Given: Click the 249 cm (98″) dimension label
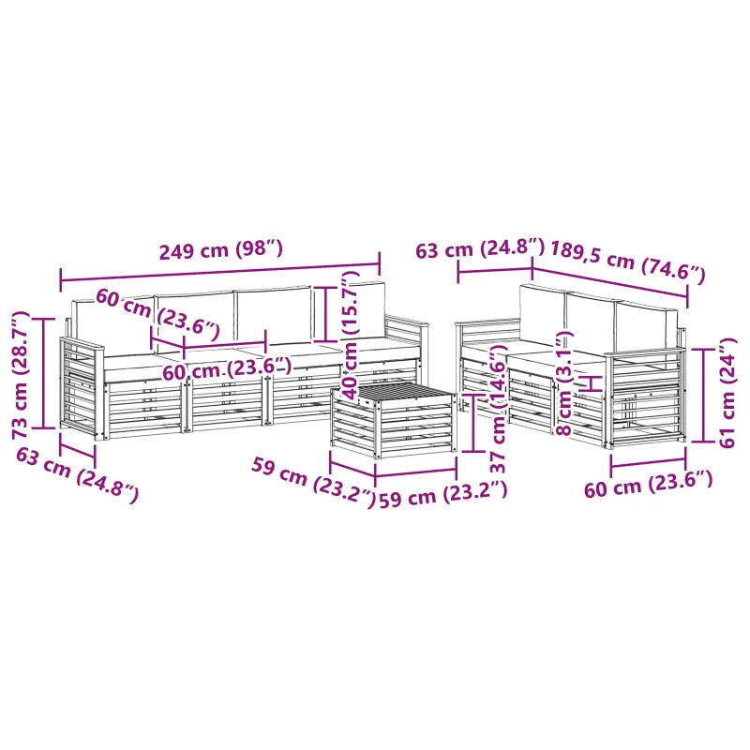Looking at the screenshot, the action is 221,250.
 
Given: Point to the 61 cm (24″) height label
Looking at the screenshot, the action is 727,392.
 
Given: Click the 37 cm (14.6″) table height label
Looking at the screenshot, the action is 498,408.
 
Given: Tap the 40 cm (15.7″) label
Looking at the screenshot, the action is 351,335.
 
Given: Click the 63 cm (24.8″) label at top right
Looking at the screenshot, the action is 480,248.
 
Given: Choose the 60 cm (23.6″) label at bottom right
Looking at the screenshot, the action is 649,484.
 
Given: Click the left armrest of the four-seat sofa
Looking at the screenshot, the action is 82,385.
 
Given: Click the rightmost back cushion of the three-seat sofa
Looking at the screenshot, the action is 646,327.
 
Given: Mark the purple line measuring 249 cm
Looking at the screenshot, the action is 220,272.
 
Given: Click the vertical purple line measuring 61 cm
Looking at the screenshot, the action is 704,395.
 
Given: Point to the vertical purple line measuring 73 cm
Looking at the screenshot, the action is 44,373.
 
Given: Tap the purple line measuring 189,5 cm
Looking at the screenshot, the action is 610,281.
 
